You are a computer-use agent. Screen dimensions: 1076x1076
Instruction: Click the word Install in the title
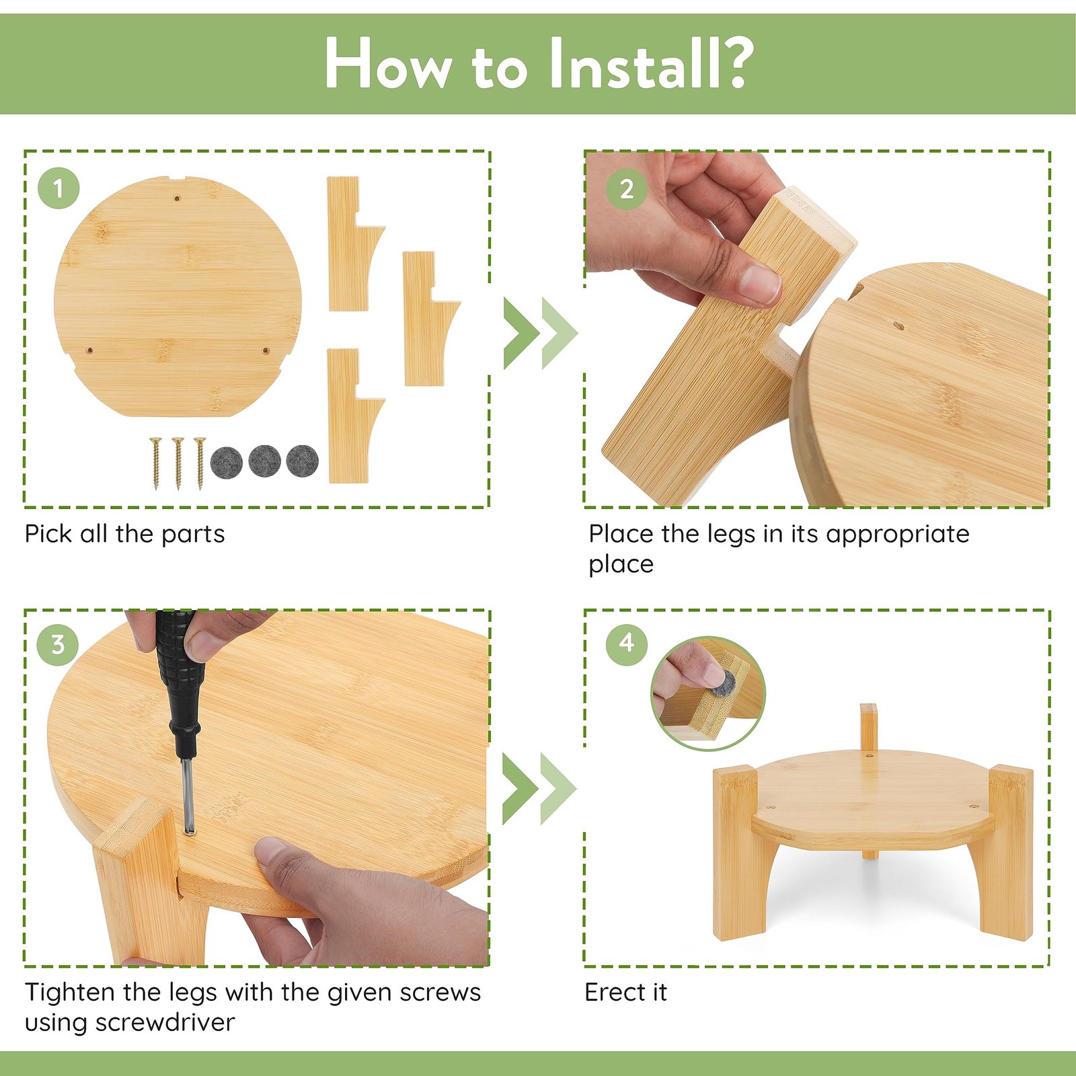(631, 63)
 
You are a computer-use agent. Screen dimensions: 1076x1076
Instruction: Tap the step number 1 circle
(59, 188)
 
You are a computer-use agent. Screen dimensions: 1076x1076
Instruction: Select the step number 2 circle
(627, 188)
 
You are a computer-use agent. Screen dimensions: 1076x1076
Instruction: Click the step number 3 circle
(58, 645)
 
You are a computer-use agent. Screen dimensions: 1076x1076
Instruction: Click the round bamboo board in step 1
(178, 297)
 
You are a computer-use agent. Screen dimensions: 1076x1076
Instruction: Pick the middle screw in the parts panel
(178, 463)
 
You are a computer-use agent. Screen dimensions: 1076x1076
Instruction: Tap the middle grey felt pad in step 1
(264, 461)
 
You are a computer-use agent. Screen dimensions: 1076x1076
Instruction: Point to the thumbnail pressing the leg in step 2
(760, 282)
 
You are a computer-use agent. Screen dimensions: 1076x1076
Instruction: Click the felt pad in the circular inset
(724, 684)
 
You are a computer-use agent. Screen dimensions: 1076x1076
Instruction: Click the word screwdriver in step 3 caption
(165, 1022)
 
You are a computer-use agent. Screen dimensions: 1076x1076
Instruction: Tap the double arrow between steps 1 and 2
(540, 334)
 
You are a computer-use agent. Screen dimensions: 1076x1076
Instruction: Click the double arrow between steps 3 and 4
(539, 789)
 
